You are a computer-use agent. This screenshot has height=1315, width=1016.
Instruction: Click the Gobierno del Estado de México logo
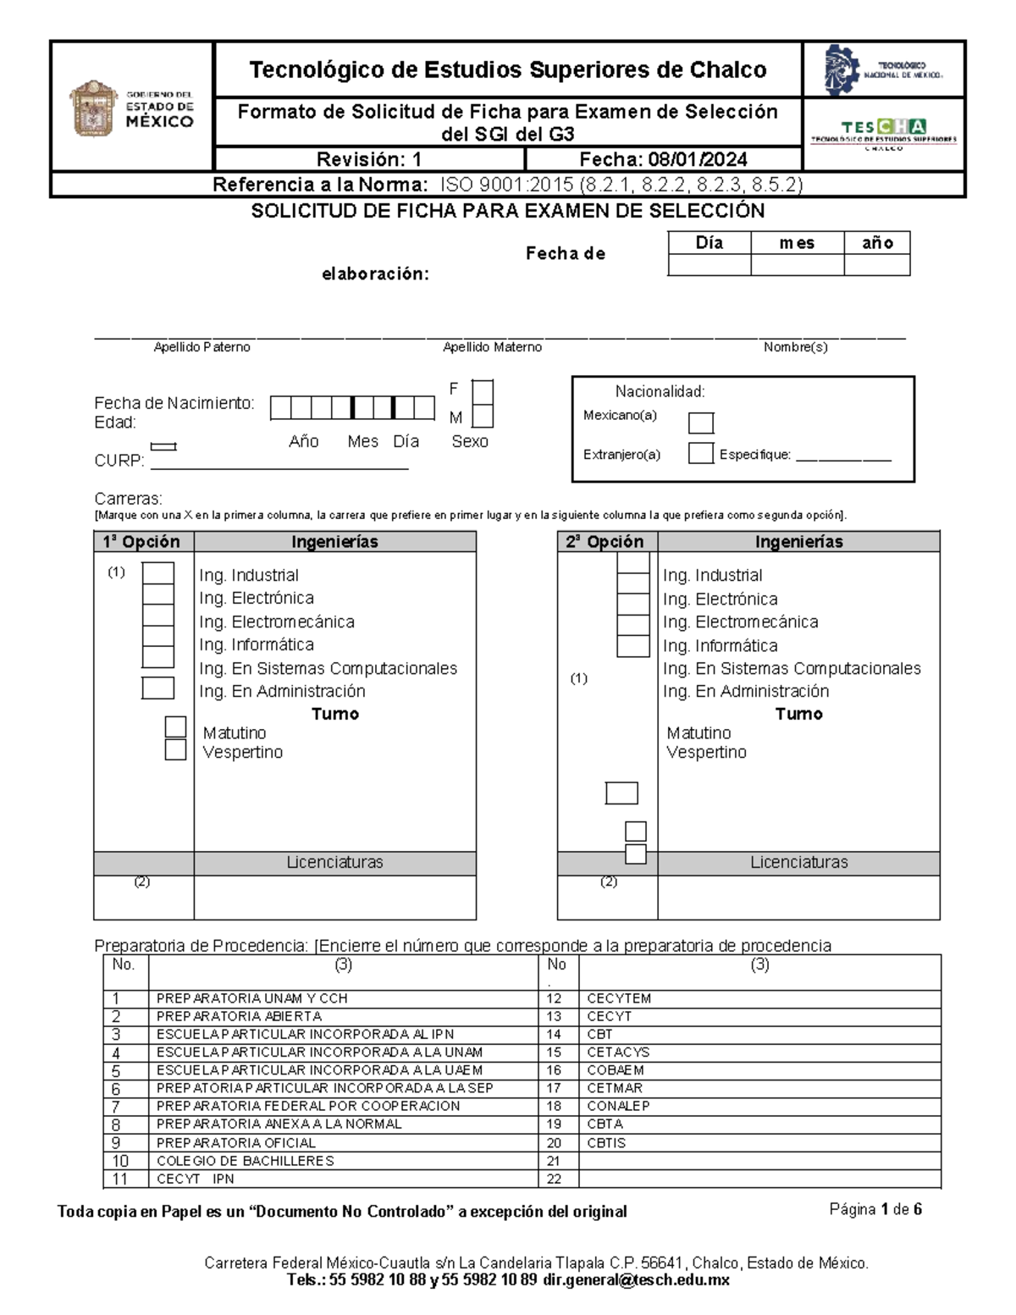coord(131,108)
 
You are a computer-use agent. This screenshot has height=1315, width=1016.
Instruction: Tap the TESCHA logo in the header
coord(883,132)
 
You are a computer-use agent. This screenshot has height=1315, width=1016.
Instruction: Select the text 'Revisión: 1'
coord(369,160)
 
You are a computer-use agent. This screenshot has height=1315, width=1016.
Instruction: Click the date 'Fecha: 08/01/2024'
coord(663,160)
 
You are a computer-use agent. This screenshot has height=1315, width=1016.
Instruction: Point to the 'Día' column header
coord(709,243)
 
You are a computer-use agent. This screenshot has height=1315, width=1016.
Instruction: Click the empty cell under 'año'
coord(876,265)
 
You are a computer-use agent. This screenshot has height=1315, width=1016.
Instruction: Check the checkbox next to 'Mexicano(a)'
coord(700,423)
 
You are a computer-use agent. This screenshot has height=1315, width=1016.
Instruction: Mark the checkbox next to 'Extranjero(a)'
coord(700,453)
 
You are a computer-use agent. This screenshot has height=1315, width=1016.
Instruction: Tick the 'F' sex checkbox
coord(483,392)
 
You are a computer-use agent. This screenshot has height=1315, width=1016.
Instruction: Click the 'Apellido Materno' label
coord(492,347)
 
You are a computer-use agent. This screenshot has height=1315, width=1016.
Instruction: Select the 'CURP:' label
coord(119,461)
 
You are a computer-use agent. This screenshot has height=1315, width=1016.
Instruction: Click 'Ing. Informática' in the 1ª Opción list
coord(245,644)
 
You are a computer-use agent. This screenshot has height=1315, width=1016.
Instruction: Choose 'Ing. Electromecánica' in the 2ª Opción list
coord(740,622)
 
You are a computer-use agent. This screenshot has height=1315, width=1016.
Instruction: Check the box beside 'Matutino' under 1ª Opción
coord(175,727)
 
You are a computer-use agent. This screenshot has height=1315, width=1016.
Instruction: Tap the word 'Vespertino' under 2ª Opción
coord(706,752)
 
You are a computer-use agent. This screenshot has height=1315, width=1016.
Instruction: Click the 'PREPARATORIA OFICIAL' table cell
coord(236,1142)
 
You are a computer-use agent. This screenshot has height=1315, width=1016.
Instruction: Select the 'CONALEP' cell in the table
coord(618,1106)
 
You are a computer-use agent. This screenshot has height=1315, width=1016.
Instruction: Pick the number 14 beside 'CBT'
coord(554,1034)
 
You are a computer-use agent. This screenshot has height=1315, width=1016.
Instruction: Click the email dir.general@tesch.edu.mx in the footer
coord(636,1280)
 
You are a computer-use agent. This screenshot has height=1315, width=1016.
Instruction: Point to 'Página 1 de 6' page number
coord(875,1209)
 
